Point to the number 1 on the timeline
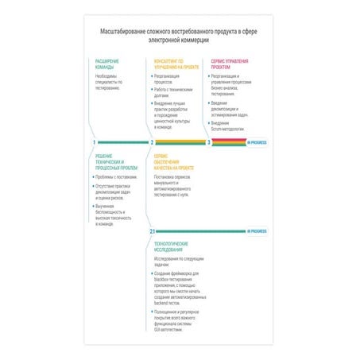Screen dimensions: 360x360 [x=94, y=142]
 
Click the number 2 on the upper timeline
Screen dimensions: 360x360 [x=152, y=142]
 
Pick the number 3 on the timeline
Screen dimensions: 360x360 [x=209, y=142]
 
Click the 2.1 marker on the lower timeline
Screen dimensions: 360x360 [x=152, y=230]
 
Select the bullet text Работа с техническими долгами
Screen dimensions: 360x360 [x=173, y=92]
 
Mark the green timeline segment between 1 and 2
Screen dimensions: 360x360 [x=123, y=142]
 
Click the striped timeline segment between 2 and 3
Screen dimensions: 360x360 [x=180, y=142]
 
